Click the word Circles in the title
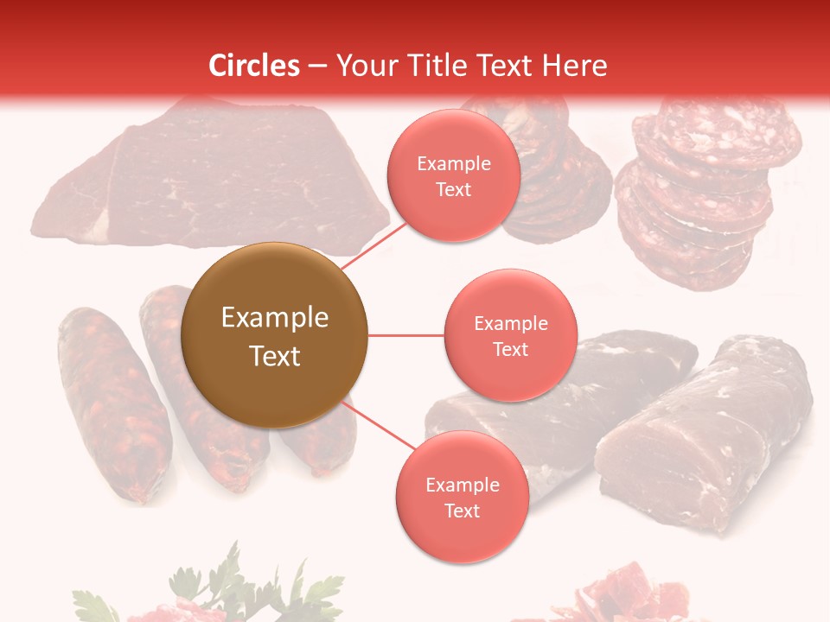pos(254,66)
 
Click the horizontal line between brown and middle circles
pos(405,335)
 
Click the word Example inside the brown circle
pos(274,318)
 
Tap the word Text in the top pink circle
pos(453,189)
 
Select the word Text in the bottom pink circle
pos(462,511)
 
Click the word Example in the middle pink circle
pos(510,324)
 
